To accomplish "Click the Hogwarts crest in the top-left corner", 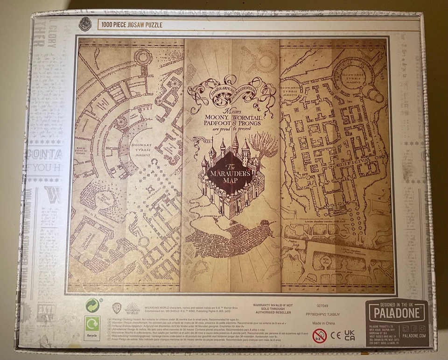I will [x=85, y=24].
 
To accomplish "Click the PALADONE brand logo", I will [x=396, y=311].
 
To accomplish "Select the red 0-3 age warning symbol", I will [x=319, y=335].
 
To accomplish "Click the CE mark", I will [x=336, y=335].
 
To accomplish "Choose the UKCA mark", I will [x=349, y=335].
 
